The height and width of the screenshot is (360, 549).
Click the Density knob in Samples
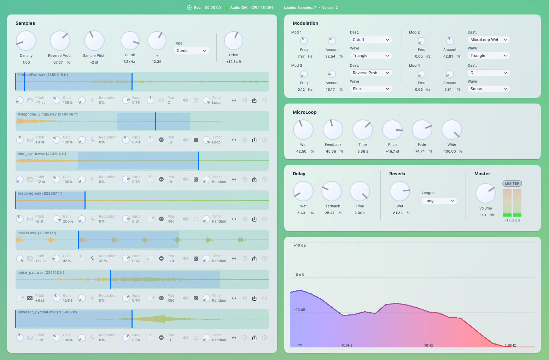(x=26, y=41)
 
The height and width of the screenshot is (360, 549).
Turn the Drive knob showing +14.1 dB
(x=233, y=41)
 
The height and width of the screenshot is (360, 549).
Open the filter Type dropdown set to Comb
(x=191, y=51)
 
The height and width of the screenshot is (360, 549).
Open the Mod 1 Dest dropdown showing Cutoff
(x=371, y=40)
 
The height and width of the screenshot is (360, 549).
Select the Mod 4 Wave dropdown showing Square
(x=489, y=89)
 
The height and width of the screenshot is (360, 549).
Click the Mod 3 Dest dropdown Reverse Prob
(x=371, y=73)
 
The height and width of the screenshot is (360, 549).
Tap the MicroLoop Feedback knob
(x=333, y=130)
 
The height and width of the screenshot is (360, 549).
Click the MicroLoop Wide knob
(x=452, y=130)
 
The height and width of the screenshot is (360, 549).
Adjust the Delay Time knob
(x=360, y=191)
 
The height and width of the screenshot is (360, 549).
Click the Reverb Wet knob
(x=400, y=191)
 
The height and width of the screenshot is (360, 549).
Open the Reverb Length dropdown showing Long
(x=439, y=201)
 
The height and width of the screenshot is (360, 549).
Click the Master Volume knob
(x=485, y=193)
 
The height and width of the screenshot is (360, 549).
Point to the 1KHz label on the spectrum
(x=428, y=345)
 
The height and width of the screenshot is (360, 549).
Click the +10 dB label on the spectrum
(x=299, y=246)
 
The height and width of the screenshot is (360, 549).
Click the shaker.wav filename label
(x=37, y=233)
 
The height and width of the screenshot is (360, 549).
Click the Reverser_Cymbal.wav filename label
(x=47, y=312)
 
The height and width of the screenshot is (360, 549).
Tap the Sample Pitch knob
(x=94, y=41)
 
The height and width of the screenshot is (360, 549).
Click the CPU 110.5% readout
(x=262, y=7)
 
